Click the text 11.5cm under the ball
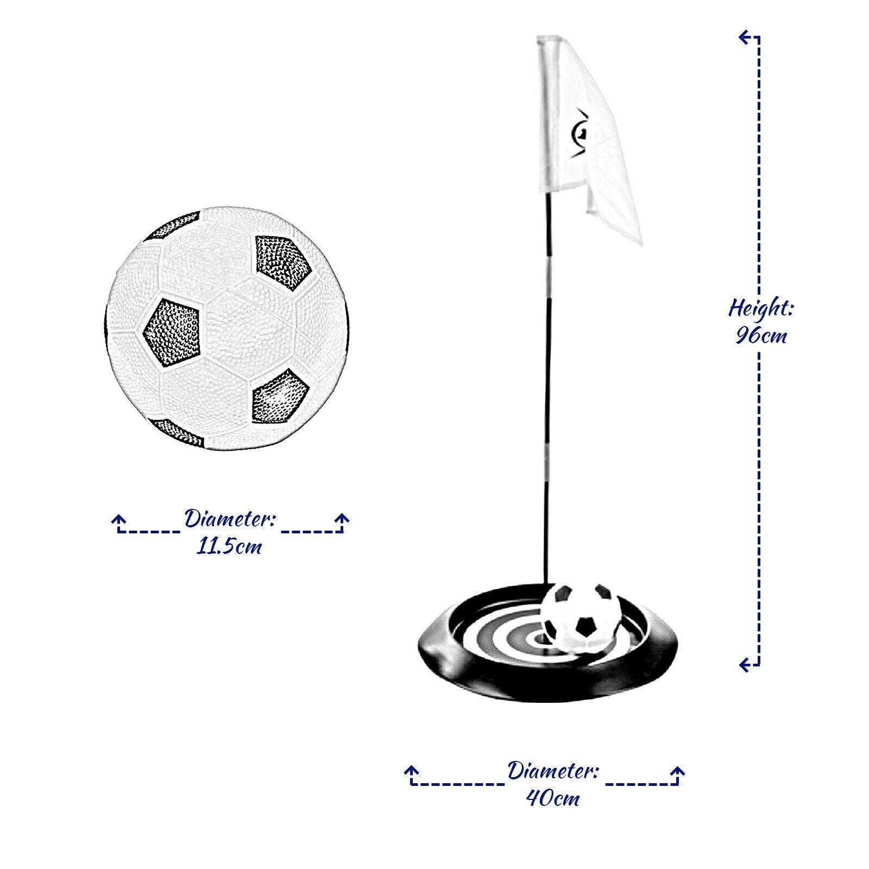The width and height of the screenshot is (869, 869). (229, 546)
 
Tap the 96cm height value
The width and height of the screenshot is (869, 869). (761, 336)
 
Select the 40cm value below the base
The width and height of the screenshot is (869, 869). (553, 798)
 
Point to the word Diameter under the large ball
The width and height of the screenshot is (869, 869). (229, 519)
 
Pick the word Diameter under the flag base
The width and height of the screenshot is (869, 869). (553, 771)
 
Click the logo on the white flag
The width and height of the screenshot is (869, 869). (580, 134)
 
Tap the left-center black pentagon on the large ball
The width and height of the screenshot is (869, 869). (171, 331)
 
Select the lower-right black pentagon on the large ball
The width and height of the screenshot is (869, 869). (280, 396)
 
